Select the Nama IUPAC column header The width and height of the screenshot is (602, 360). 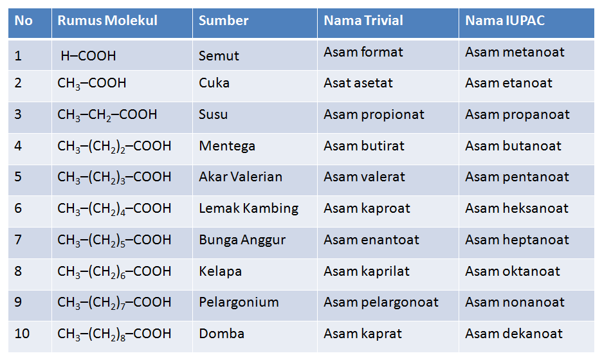(505, 21)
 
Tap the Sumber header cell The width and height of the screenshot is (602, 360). (223, 21)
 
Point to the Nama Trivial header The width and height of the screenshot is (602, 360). (363, 21)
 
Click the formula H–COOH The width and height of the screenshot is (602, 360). (88, 56)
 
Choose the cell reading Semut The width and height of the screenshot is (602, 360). (219, 56)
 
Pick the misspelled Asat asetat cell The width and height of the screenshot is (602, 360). (358, 83)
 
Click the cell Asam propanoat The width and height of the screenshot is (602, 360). (517, 114)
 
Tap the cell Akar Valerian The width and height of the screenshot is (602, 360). (241, 177)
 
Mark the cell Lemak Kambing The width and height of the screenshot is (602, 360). (248, 208)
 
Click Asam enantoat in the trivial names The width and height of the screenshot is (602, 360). (371, 240)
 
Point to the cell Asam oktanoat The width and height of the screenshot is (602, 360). (513, 271)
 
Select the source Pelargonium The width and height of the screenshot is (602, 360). (239, 302)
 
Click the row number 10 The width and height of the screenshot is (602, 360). (22, 334)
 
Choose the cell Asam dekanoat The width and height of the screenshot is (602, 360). (514, 334)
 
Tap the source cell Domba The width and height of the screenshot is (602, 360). (221, 334)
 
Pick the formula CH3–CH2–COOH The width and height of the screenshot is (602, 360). (107, 115)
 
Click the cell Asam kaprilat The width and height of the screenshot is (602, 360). (367, 271)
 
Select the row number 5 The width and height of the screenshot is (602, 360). (18, 177)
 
